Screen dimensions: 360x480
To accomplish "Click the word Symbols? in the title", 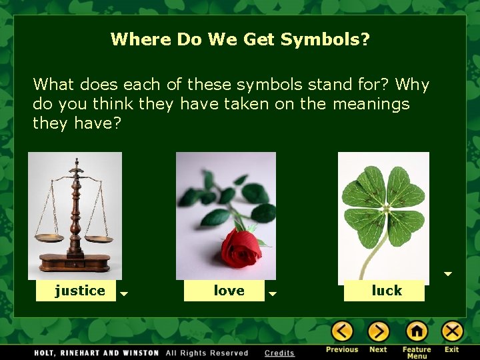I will pyautogui.click(x=325, y=39).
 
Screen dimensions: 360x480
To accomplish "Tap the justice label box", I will pyautogui.click(x=79, y=291).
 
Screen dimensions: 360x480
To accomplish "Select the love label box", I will pyautogui.click(x=228, y=291).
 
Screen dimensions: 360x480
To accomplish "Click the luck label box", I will pyautogui.click(x=386, y=291).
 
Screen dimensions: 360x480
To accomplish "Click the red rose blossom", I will pyautogui.click(x=241, y=248).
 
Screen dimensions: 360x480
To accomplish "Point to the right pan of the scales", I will pyautogui.click(x=99, y=239).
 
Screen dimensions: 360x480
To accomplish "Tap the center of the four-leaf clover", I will pyautogui.click(x=384, y=207).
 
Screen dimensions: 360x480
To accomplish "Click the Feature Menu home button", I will pyautogui.click(x=417, y=331).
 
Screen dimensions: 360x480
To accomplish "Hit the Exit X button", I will pyautogui.click(x=452, y=331).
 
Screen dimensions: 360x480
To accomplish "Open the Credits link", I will pyautogui.click(x=279, y=353).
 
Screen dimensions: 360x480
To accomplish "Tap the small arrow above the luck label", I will pyautogui.click(x=448, y=274).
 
